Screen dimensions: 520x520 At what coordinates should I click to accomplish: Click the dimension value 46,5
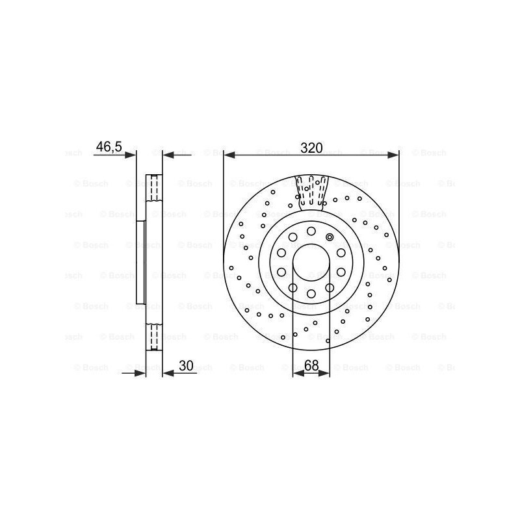click(109, 147)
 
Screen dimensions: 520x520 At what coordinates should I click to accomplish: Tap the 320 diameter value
click(311, 148)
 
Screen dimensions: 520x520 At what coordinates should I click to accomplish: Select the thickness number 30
click(186, 365)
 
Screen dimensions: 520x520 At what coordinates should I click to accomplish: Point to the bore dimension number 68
click(311, 365)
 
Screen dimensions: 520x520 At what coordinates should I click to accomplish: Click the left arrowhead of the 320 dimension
click(229, 155)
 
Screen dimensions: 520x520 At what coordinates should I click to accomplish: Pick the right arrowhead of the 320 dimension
click(393, 155)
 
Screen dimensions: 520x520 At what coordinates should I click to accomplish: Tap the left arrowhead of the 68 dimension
click(299, 373)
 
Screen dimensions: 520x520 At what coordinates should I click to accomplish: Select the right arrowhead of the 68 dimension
click(324, 373)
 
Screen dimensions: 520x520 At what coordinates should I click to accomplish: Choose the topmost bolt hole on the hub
click(311, 231)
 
